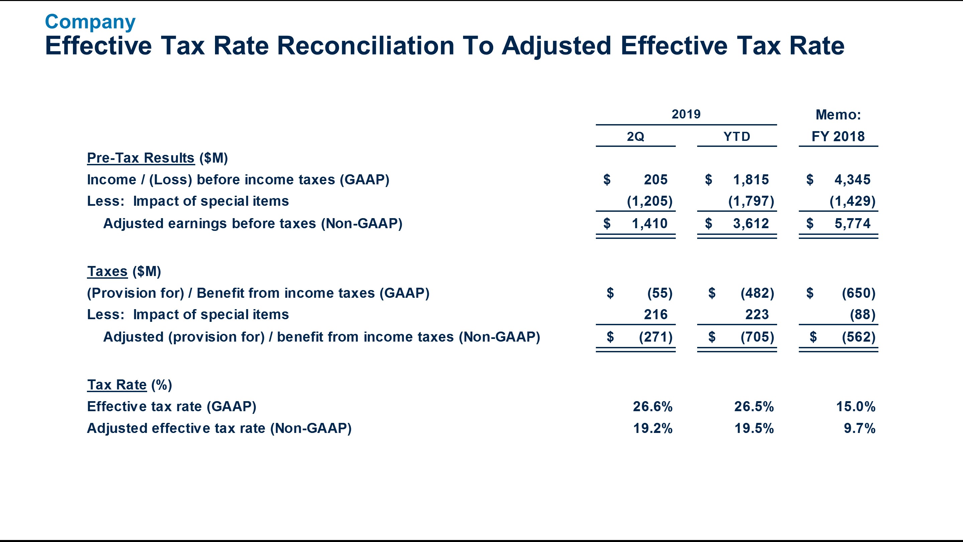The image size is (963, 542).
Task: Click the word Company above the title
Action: click(90, 22)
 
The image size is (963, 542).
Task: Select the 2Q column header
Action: click(635, 137)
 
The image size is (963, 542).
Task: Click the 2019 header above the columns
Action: click(686, 114)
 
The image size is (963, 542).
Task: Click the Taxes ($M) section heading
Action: click(124, 271)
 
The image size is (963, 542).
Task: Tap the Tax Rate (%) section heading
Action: click(129, 384)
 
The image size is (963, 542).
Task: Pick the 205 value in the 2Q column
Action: click(655, 180)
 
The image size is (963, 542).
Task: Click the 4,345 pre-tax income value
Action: click(852, 180)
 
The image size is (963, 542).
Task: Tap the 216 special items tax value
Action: click(655, 314)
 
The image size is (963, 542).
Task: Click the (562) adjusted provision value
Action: click(858, 337)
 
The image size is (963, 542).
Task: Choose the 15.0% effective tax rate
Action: click(855, 406)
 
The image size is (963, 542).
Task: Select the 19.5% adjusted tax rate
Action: click(754, 428)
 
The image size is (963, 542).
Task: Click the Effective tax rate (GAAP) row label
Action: click(172, 406)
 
